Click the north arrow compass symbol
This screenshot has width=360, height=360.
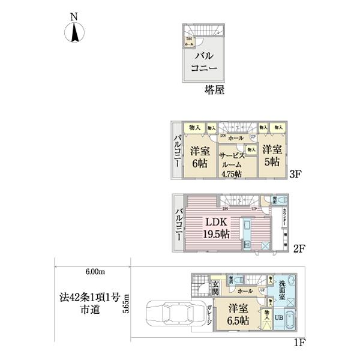coord(74,31)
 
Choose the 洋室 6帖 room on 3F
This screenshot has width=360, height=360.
coord(200,157)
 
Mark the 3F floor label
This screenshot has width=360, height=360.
coord(295,176)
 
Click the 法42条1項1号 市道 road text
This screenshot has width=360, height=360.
coord(91,303)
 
